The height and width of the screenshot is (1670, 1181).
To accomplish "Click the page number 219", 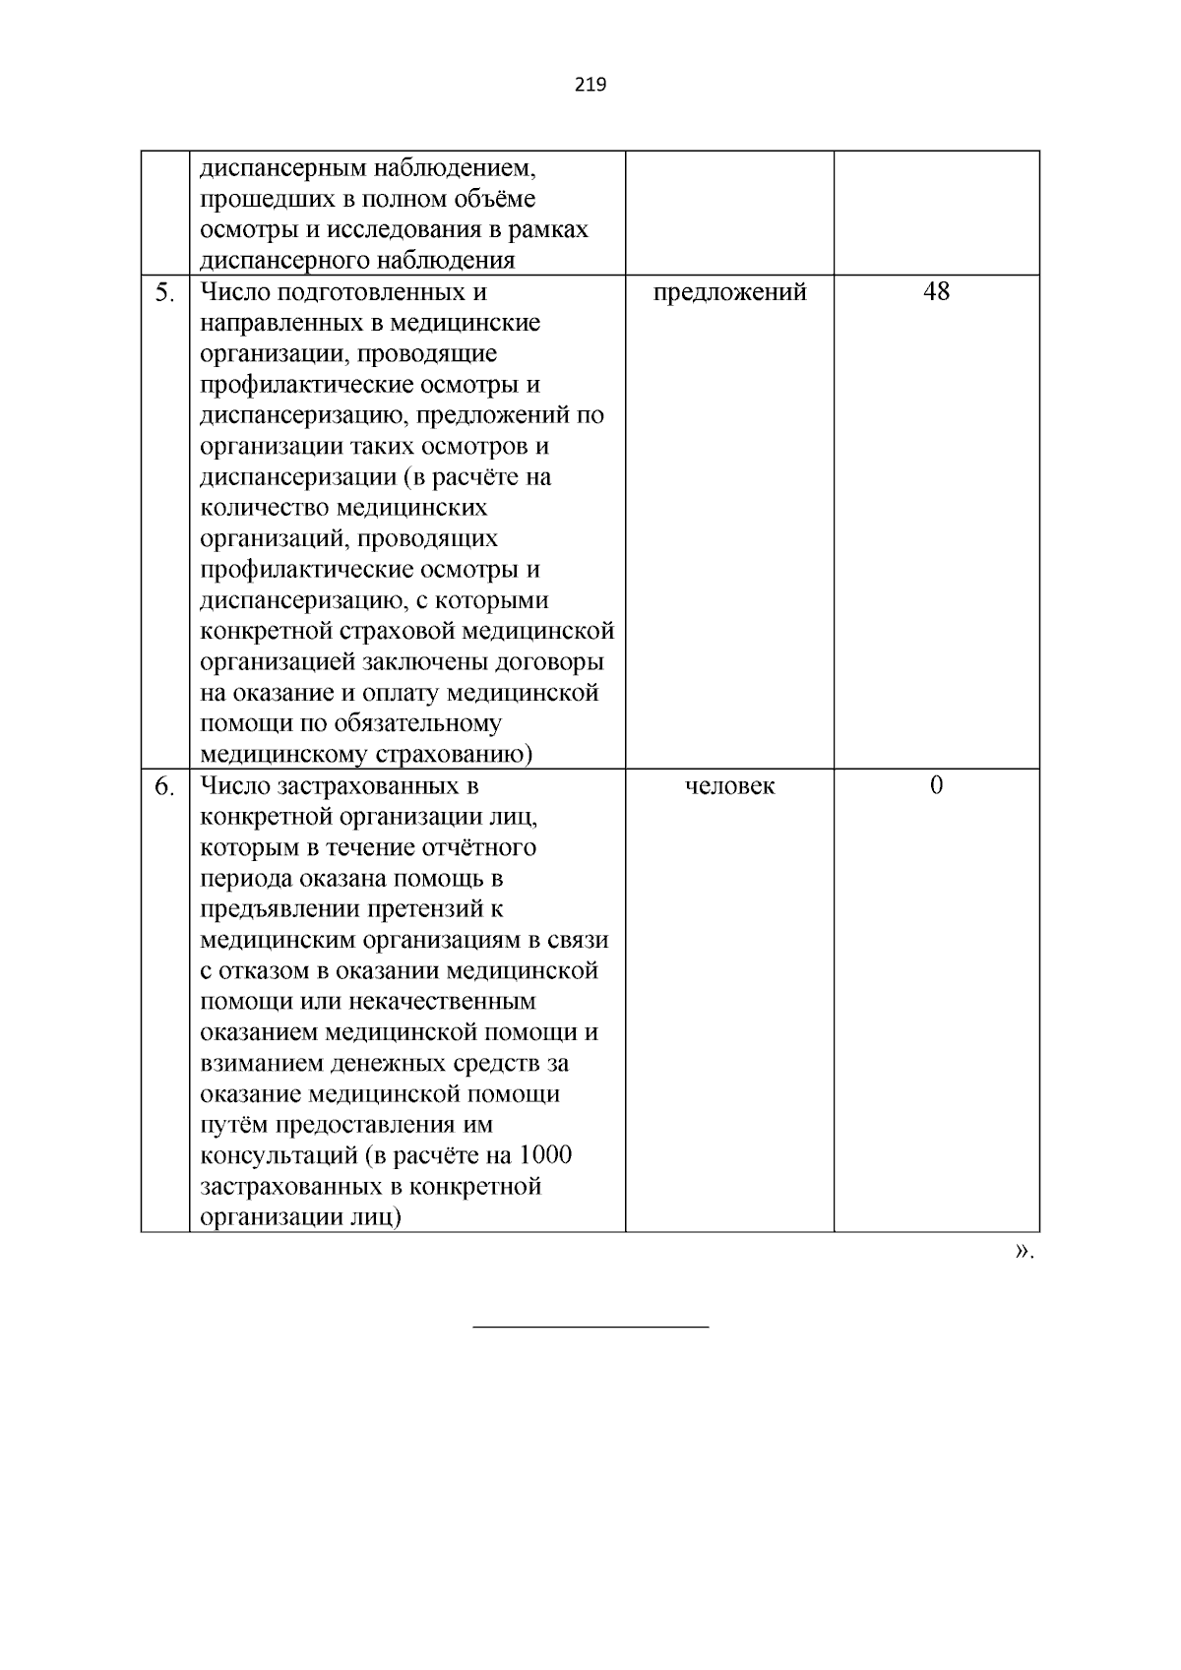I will click(590, 85).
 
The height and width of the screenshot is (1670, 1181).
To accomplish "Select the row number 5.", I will click(164, 292).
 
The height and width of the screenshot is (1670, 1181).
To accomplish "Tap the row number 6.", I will click(164, 786).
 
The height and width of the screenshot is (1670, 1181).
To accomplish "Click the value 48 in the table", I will click(936, 291).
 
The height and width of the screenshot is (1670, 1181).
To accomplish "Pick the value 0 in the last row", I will click(936, 785).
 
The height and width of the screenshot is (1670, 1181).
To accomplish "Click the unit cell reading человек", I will click(729, 786).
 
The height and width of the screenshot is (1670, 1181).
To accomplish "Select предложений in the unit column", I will click(729, 292).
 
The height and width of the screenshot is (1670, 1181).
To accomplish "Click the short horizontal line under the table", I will click(590, 1328).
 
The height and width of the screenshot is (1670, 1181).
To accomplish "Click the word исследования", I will click(398, 230).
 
